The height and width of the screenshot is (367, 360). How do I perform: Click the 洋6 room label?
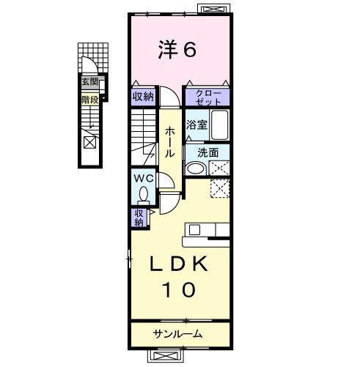click(x=177, y=49)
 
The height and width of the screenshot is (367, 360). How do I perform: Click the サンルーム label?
click(x=178, y=334)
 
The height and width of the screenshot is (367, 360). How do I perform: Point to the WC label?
click(x=143, y=178)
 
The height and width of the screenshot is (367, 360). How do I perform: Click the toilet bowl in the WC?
click(x=144, y=194)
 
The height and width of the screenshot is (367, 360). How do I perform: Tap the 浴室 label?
click(x=196, y=125)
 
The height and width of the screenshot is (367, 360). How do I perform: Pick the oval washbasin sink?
click(x=195, y=168)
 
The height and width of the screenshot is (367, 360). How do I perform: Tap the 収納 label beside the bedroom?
click(x=143, y=96)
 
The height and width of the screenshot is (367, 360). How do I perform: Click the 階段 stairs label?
click(x=89, y=97)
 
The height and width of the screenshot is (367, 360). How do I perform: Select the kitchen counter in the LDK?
click(x=207, y=231)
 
